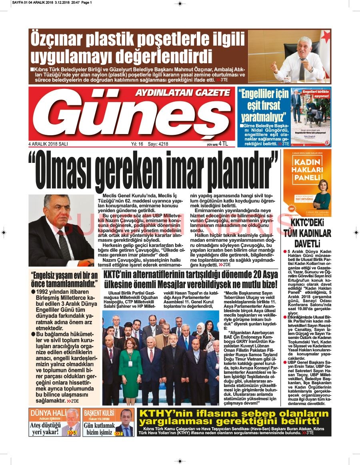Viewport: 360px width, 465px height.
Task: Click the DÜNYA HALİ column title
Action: (x=47, y=413)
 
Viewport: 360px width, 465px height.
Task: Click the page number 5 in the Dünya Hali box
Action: (x=74, y=433)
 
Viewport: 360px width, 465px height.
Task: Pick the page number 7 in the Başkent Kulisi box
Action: (x=120, y=434)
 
